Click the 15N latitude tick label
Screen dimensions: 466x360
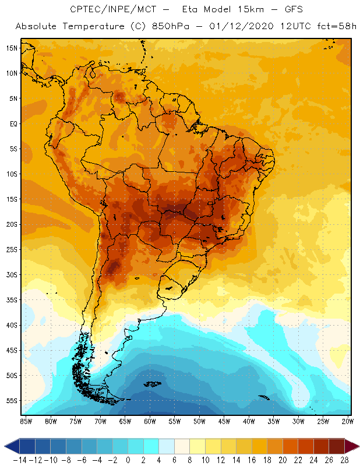[12, 48]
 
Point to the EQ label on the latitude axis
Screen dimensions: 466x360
[12, 123]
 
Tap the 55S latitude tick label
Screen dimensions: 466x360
[12, 401]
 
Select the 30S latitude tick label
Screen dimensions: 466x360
[12, 274]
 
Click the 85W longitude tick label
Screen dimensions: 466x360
[26, 421]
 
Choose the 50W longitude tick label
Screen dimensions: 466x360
[200, 421]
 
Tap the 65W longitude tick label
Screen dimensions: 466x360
[125, 421]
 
